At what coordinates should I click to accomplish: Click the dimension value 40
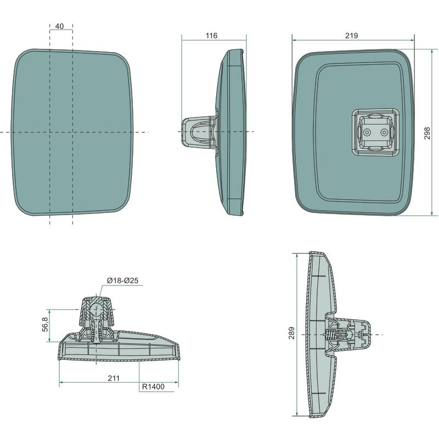point(59,26)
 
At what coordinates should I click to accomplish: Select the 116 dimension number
point(211,36)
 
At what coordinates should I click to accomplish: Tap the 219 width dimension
point(351,36)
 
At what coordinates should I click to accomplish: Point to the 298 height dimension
point(427,133)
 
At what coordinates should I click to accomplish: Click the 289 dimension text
point(292,333)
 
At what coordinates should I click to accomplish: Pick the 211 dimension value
point(114,378)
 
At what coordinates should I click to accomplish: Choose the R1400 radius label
point(153,387)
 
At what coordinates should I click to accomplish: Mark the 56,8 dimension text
point(46,324)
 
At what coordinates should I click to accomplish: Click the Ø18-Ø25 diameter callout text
point(122,280)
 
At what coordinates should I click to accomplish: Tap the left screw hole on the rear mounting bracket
point(367,132)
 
